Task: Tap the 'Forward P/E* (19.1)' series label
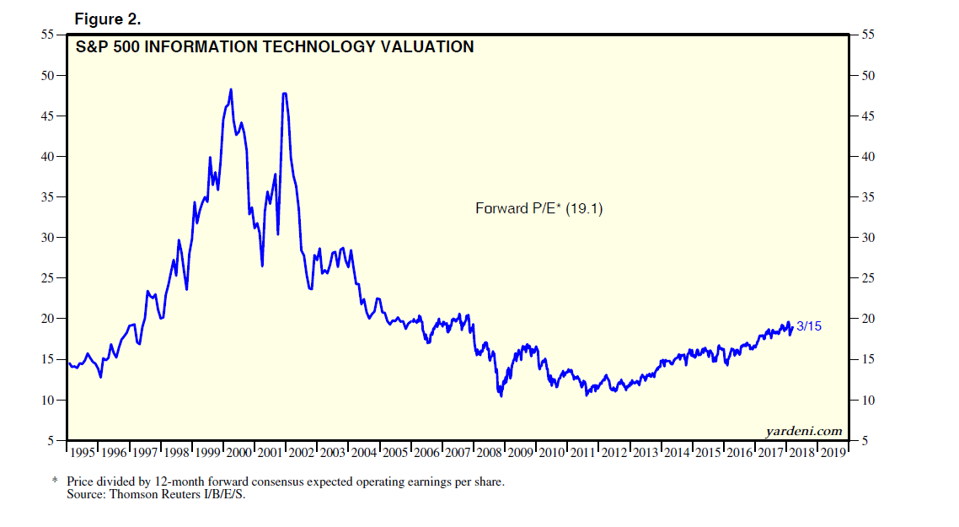click(539, 208)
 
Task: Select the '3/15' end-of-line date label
click(809, 326)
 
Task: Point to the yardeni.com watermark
click(804, 431)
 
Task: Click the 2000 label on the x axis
click(240, 453)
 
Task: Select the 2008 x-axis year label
click(490, 453)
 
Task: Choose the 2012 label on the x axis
click(615, 453)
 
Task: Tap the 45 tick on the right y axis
click(868, 116)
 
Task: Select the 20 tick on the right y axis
click(868, 319)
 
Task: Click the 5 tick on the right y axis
click(865, 440)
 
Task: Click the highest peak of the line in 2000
click(231, 89)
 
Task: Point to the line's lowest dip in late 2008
click(501, 395)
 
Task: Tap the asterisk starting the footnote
click(56, 481)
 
